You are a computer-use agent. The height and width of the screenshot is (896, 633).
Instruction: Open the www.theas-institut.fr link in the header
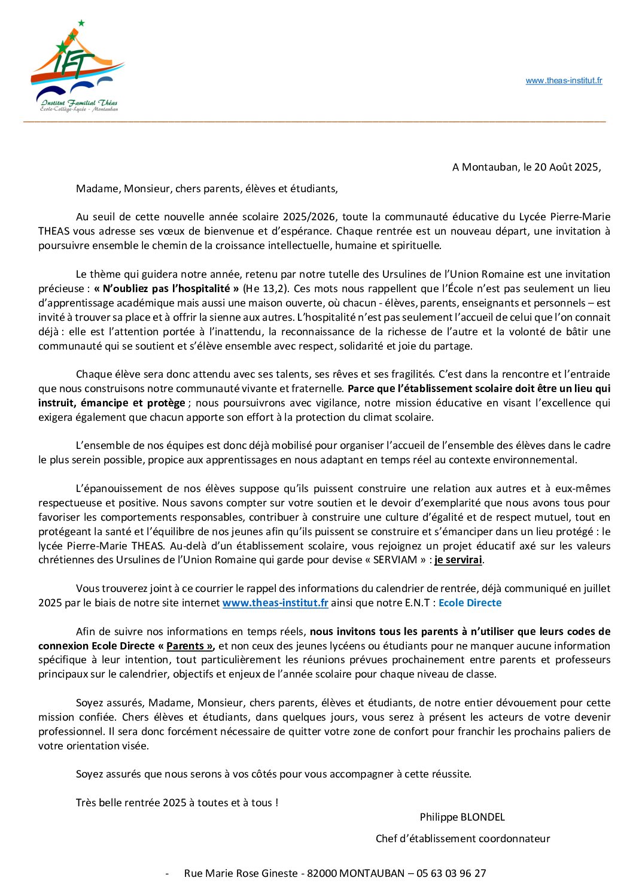(x=564, y=81)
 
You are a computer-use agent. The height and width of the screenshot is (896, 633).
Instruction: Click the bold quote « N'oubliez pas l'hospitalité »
(x=166, y=288)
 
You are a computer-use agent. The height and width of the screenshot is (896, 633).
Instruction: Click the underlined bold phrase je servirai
(x=458, y=560)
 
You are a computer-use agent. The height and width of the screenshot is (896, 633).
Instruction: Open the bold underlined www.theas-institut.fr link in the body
(x=275, y=603)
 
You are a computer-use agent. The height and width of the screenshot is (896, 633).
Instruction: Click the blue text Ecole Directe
(x=470, y=603)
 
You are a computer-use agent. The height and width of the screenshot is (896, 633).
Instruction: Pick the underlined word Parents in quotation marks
(x=185, y=646)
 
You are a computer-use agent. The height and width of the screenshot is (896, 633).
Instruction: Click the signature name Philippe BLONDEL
(x=462, y=817)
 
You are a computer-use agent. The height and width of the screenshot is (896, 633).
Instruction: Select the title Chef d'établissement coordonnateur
(x=462, y=839)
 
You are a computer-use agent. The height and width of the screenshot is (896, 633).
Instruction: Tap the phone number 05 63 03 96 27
(x=451, y=873)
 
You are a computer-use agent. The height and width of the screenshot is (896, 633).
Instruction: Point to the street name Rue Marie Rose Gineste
(x=241, y=873)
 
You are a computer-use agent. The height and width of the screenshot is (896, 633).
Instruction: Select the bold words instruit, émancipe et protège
(x=112, y=403)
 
